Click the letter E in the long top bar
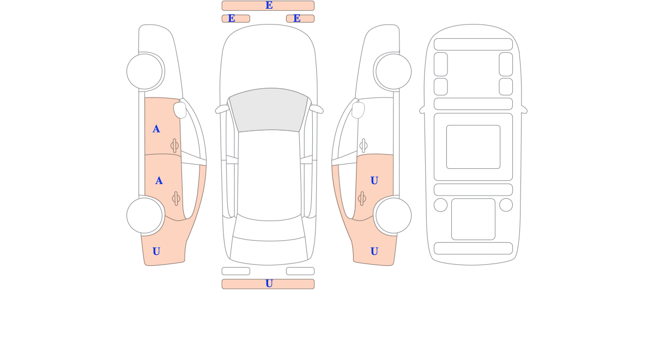point(269,5)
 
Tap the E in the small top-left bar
point(232,19)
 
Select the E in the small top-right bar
point(297,19)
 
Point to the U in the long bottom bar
point(269,284)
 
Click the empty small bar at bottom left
point(236,271)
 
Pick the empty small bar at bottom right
point(300,271)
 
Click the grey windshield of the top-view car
point(269,109)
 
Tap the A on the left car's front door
point(156,129)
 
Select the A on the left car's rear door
point(159,181)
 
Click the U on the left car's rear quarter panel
point(156,252)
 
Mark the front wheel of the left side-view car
point(144,71)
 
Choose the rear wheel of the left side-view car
point(144,216)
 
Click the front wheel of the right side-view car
point(393,71)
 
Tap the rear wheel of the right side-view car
point(393,216)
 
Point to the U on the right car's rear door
point(374,181)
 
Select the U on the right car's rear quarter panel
point(374,252)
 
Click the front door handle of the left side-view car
point(174,145)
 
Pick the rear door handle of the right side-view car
point(362,199)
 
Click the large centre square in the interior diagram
point(473,147)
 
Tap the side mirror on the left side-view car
point(180,110)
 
